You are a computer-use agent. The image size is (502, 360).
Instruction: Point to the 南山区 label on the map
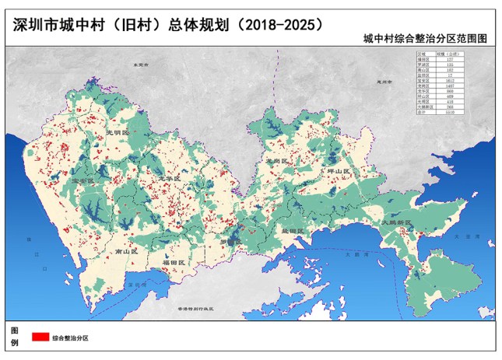(x=125, y=253)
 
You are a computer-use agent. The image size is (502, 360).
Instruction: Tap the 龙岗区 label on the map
(x=277, y=159)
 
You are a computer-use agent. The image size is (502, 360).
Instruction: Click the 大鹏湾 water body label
(x=352, y=253)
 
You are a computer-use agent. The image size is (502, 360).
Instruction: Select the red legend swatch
(x=40, y=337)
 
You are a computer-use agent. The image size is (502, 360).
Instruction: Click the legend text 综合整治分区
(x=71, y=337)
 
